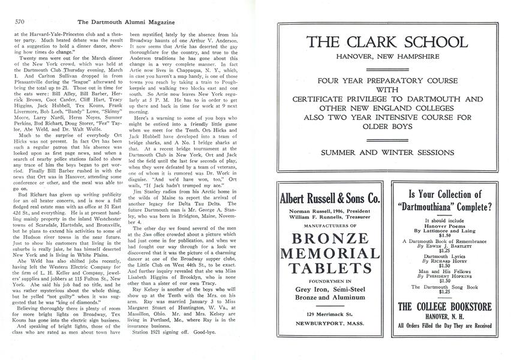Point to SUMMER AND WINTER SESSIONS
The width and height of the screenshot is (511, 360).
pos(386,153)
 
